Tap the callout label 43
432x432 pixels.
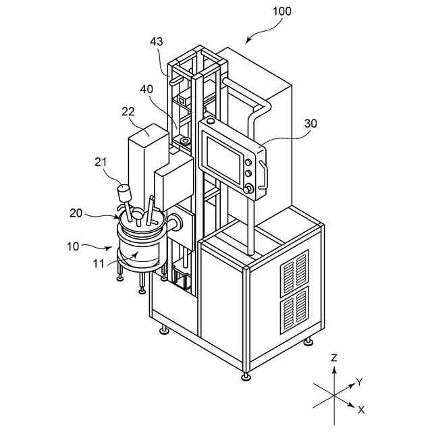pyautogui.click(x=157, y=42)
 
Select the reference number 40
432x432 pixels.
pyautogui.click(x=146, y=88)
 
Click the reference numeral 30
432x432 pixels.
pyautogui.click(x=310, y=124)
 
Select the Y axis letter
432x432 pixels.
pyautogui.click(x=360, y=382)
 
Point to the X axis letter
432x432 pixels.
pyautogui.click(x=361, y=410)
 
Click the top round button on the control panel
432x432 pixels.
pyautogui.click(x=251, y=163)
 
